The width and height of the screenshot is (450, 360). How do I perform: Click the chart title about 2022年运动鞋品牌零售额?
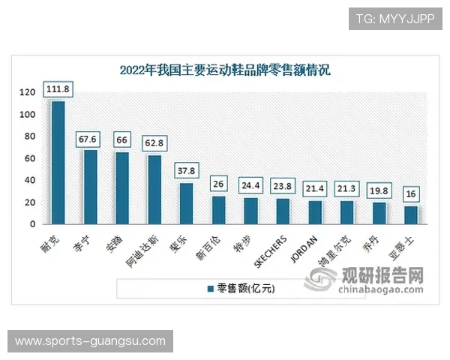(x=225, y=71)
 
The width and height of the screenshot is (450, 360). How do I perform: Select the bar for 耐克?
(x=58, y=162)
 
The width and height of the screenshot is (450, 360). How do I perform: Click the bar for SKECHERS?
(x=283, y=211)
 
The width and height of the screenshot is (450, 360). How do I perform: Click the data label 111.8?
(x=58, y=89)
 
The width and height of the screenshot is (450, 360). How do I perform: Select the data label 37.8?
(x=186, y=170)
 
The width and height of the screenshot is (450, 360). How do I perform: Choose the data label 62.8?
(x=154, y=139)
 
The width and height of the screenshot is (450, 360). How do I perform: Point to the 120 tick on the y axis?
(x=28, y=93)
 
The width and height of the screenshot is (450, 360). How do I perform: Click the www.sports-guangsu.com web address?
(x=90, y=341)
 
